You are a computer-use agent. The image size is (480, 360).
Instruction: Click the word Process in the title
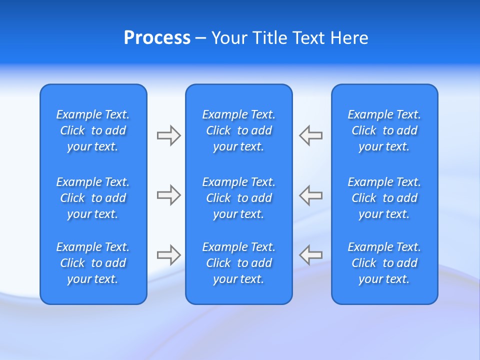tap(157, 38)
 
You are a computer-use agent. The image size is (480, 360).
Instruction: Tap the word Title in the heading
tap(270, 38)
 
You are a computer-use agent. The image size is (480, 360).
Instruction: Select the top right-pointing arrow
tap(168, 135)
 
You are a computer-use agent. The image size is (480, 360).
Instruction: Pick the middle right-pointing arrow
tap(168, 195)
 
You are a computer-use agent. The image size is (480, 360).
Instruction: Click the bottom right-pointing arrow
tap(168, 255)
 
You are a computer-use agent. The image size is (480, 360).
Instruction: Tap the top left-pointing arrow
tap(311, 135)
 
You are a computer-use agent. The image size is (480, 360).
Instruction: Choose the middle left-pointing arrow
tap(311, 195)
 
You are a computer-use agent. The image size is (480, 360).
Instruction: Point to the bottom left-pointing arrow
tap(311, 255)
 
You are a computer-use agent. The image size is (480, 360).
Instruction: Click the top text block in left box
tap(93, 130)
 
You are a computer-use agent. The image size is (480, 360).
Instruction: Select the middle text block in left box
tap(93, 198)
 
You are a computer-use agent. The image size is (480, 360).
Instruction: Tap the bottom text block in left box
tap(93, 263)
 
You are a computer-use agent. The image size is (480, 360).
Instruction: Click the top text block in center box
tap(239, 130)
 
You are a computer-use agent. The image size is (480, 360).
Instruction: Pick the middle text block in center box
tap(239, 198)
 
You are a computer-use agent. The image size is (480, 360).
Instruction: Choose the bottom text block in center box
tap(239, 263)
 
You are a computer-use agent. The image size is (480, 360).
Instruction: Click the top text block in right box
tap(384, 130)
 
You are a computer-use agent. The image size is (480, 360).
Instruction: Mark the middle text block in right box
tap(384, 198)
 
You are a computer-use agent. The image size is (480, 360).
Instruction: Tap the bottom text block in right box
tap(384, 263)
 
